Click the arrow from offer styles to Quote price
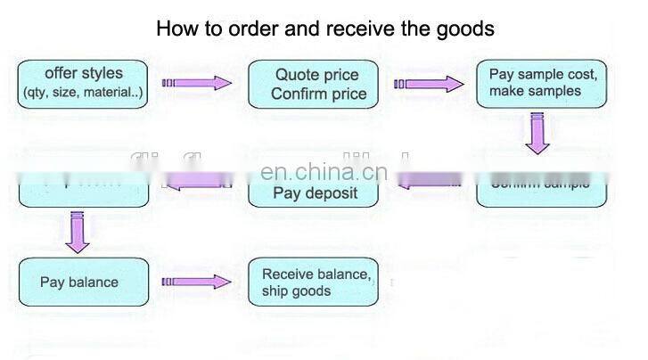pyautogui.click(x=196, y=84)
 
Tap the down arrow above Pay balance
pyautogui.click(x=76, y=231)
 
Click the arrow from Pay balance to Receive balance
pyautogui.click(x=196, y=282)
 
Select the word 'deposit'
pyautogui.click(x=333, y=192)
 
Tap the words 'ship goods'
pyautogui.click(x=296, y=291)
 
